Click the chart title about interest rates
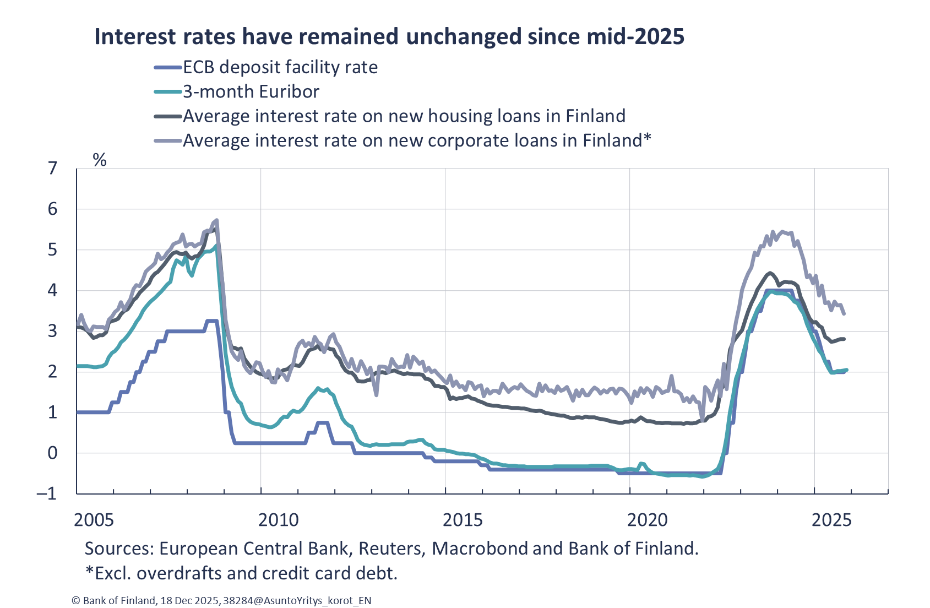(389, 36)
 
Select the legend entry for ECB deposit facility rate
(280, 67)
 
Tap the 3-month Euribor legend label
(251, 91)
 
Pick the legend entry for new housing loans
(404, 116)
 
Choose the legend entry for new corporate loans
(416, 140)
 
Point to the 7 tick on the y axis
(53, 169)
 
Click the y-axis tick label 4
(53, 290)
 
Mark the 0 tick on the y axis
(53, 453)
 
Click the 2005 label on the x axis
(94, 520)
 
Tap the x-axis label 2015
(463, 520)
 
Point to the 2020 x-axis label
(648, 520)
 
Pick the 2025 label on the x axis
(832, 520)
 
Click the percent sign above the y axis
(100, 160)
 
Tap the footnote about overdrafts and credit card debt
(241, 573)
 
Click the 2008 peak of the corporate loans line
(217, 220)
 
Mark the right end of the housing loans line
(845, 339)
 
